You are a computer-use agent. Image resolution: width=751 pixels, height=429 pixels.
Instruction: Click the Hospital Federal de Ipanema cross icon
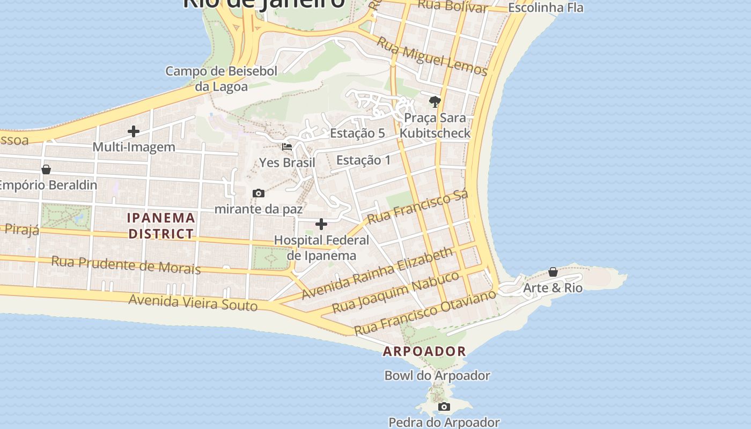321,224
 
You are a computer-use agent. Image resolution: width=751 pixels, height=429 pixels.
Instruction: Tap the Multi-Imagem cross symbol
134,131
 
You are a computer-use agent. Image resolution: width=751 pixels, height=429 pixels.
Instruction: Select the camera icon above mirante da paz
259,193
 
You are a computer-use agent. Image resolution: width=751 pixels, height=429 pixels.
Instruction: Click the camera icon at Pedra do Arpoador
444,407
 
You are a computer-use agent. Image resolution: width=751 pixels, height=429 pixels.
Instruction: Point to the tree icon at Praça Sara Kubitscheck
435,101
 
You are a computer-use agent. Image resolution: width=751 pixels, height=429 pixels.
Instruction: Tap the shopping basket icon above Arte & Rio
553,272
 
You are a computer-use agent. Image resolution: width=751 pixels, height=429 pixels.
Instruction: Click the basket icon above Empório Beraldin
46,169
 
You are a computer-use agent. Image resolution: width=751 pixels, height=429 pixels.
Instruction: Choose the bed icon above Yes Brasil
287,146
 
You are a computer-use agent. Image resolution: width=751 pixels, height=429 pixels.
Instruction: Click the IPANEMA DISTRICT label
161,226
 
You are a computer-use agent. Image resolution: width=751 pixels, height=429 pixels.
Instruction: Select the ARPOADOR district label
424,352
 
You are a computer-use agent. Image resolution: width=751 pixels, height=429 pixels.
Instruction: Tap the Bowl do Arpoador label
437,375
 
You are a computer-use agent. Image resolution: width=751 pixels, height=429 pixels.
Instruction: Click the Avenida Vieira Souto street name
193,303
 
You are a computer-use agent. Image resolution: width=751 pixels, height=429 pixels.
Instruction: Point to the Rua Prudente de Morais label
126,265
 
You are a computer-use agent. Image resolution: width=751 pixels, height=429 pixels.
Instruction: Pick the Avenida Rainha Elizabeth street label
378,273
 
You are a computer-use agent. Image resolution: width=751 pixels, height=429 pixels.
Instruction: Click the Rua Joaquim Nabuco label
396,292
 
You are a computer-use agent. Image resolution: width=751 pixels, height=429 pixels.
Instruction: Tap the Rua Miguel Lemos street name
432,56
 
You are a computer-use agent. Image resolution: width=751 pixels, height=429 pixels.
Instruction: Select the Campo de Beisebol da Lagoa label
221,79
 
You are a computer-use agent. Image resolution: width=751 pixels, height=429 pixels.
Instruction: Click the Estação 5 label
357,134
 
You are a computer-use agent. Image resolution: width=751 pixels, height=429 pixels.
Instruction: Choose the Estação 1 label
364,160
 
